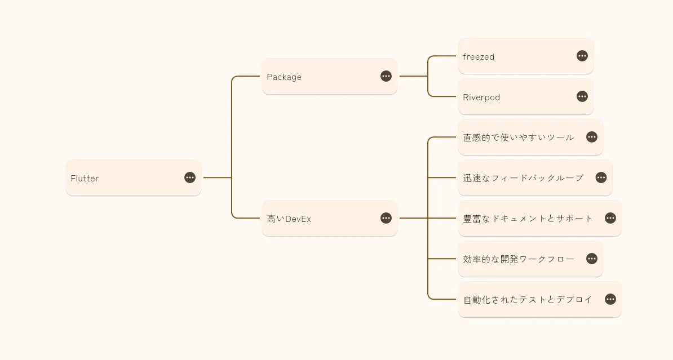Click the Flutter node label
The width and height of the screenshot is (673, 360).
pos(85,179)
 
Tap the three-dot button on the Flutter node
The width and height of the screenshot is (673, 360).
pos(190,177)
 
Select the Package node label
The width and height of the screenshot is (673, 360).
pos(284,77)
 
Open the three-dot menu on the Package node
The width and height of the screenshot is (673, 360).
pos(386,76)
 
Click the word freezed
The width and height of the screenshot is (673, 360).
pos(479,57)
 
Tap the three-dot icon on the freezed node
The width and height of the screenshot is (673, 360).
pos(582,56)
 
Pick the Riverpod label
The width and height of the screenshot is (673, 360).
pos(481,97)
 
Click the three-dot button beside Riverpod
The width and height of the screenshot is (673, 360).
pos(582,96)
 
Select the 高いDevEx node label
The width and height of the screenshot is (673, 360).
pos(289,219)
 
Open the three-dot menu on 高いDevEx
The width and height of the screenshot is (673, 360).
pos(386,218)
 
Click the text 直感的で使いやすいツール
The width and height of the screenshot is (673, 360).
pos(519,137)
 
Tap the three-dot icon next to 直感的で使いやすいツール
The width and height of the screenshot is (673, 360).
pos(592,137)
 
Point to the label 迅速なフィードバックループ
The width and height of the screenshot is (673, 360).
pos(523,178)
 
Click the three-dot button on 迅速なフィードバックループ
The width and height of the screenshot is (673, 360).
pos(601,177)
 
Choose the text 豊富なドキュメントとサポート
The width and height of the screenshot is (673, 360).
pos(528,219)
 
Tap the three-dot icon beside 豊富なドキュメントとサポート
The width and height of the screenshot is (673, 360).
pos(610,218)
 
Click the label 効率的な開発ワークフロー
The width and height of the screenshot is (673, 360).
pos(519,259)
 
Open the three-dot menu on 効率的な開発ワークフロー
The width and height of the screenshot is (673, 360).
pos(592,259)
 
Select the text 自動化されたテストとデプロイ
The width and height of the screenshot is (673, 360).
pos(528,300)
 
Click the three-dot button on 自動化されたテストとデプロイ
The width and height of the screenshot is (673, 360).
pos(610,299)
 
